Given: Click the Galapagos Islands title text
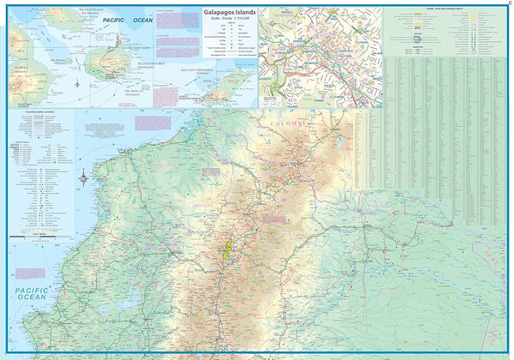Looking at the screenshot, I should tap(230, 13).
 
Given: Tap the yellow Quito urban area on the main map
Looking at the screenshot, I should tap(228, 254).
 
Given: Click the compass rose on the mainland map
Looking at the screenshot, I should tap(83, 177).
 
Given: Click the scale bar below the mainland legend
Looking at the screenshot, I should tap(30, 232).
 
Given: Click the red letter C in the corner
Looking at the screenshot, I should tap(507, 5).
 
